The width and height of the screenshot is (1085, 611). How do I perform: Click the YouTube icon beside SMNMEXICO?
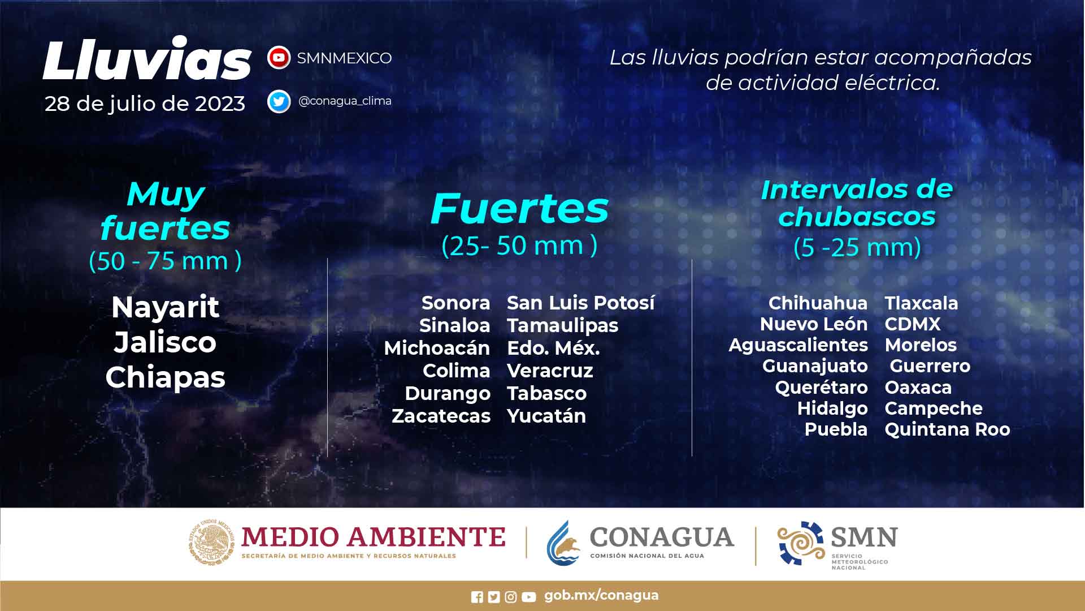(x=279, y=58)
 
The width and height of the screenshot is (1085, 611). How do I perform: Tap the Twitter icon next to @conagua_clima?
(x=279, y=101)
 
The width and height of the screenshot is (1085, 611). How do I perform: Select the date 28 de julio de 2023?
(x=145, y=104)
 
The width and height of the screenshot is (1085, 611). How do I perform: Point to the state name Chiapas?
(x=165, y=378)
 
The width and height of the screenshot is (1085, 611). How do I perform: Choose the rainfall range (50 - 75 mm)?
(x=165, y=261)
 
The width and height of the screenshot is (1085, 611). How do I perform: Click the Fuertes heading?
(x=519, y=208)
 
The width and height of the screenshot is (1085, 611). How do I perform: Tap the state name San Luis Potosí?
(x=581, y=303)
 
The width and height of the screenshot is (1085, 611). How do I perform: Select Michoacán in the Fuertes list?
(x=437, y=348)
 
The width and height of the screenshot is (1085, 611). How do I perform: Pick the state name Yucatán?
(x=546, y=416)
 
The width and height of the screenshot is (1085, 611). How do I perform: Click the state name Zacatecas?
(x=441, y=416)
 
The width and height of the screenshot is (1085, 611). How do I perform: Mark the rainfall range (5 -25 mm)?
(x=857, y=247)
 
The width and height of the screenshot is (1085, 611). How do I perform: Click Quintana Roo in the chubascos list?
(x=947, y=429)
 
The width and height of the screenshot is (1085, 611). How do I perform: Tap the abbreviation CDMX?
(x=913, y=324)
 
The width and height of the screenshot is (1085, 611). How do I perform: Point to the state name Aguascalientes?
(x=798, y=345)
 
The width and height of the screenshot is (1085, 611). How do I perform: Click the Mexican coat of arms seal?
(x=211, y=542)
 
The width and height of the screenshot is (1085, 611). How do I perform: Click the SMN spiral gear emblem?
(x=801, y=543)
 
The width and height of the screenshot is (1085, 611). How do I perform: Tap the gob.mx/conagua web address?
(x=601, y=596)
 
